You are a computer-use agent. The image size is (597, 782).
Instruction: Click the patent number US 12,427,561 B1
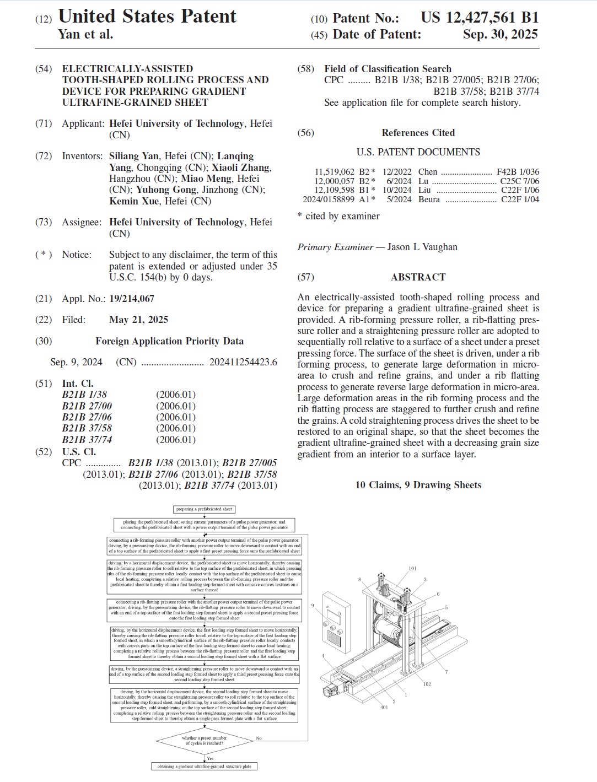click(480, 18)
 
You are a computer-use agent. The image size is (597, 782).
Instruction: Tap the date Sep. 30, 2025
click(500, 34)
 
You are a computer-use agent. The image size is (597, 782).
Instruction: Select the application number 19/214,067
click(132, 299)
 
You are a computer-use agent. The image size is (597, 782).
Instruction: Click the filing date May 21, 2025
click(138, 320)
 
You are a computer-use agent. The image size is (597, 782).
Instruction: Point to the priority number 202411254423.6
click(243, 362)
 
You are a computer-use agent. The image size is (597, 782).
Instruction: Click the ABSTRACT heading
click(418, 277)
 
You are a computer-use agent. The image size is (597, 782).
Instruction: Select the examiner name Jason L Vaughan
click(422, 247)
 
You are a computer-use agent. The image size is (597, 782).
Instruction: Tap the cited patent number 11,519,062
click(334, 172)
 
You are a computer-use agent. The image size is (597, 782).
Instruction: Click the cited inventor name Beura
click(429, 199)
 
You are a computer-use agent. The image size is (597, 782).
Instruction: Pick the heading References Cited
click(418, 133)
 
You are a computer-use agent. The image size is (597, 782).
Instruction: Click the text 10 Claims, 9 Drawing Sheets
click(418, 485)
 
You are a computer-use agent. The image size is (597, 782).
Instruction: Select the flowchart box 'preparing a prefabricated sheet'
click(204, 509)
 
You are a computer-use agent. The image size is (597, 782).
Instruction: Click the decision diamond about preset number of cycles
click(204, 741)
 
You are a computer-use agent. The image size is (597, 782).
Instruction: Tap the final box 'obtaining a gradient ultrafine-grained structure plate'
click(204, 767)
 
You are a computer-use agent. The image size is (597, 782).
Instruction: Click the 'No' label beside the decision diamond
click(259, 738)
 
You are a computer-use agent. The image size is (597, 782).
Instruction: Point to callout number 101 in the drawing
click(412, 568)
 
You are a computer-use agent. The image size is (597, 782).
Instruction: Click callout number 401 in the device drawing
click(384, 707)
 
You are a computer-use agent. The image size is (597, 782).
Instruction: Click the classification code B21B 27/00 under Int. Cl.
click(87, 406)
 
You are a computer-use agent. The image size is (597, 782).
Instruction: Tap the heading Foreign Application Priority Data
click(169, 341)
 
